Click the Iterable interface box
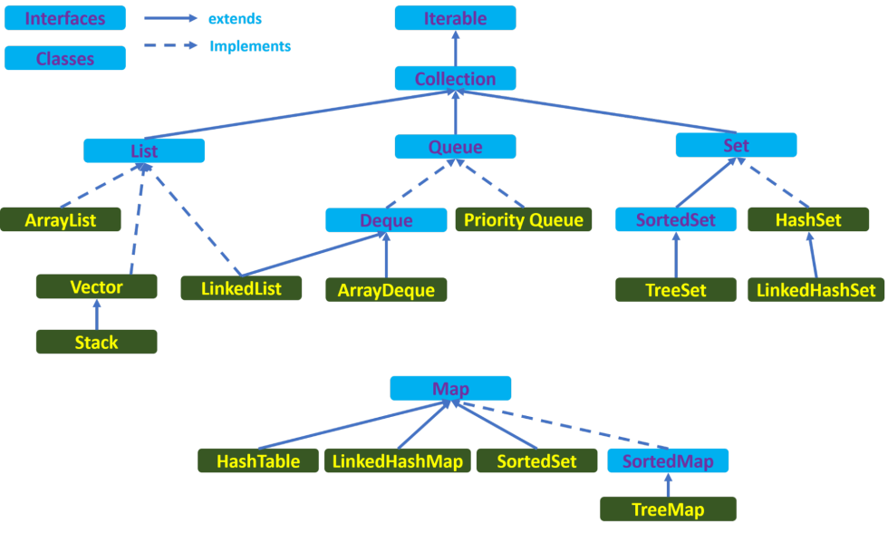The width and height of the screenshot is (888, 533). tap(455, 18)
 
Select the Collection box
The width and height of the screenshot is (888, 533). tap(455, 79)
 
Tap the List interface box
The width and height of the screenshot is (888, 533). tap(144, 151)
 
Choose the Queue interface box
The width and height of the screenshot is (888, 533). tap(455, 147)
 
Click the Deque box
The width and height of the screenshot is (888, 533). tap(386, 220)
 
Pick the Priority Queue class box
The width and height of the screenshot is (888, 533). tap(524, 220)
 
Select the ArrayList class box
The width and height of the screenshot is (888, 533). tap(61, 220)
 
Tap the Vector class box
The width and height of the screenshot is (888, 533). tap(96, 287)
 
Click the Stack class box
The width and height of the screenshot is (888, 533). tap(96, 343)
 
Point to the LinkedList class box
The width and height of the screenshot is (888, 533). tap(240, 289)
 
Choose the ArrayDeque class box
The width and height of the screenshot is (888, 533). tap(386, 291)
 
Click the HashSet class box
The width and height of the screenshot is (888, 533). tap(808, 220)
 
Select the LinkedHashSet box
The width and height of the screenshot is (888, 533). tap(816, 291)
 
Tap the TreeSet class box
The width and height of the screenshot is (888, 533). tap(676, 291)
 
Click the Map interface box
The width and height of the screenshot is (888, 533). tap(450, 389)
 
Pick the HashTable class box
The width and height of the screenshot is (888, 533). tap(258, 461)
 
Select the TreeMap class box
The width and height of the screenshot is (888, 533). tap(668, 509)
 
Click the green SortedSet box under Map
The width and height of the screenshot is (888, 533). tap(537, 461)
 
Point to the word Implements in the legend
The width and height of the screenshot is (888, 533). tap(250, 45)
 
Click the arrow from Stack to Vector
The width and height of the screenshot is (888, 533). tap(96, 315)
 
